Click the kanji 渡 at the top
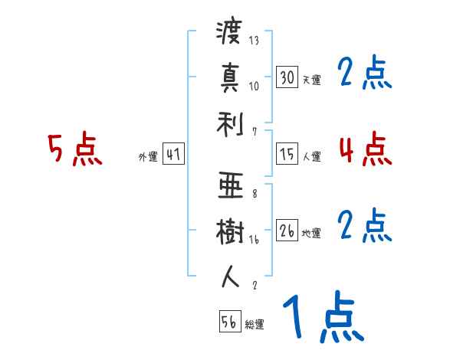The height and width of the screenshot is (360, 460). (229, 34)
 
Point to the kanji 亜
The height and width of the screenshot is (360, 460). (229, 187)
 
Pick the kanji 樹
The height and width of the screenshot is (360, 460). (229, 231)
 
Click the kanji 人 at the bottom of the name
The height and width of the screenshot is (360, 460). (229, 276)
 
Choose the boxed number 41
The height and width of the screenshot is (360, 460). (173, 155)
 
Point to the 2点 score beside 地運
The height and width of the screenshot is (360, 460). (364, 226)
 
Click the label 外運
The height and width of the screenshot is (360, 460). (147, 157)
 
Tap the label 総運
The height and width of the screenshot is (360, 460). (255, 325)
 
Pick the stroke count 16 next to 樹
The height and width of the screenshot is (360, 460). (254, 239)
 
